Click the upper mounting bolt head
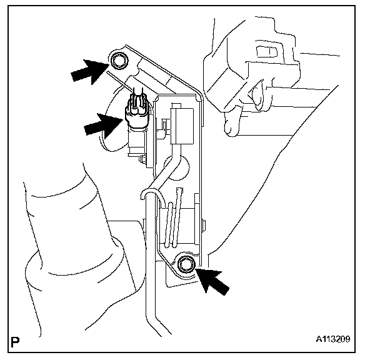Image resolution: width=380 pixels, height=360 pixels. [x=119, y=61]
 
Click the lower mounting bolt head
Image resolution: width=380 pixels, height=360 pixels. [x=185, y=265]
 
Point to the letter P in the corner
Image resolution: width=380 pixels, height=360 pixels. [x=16, y=341]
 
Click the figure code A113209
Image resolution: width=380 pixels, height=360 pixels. [x=332, y=341]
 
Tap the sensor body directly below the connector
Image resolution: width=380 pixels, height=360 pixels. [x=136, y=141]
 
